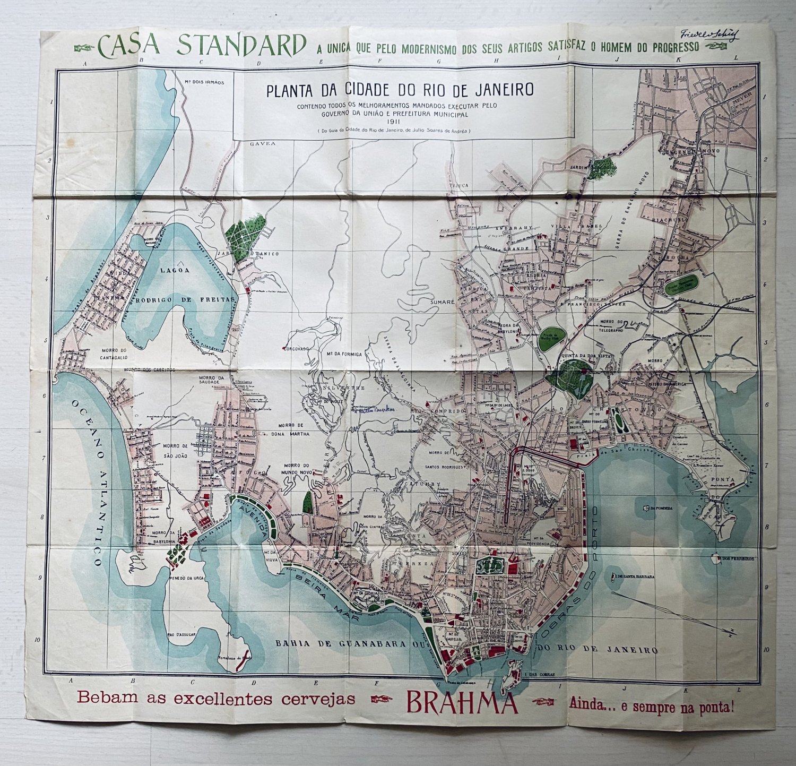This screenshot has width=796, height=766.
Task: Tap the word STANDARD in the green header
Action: click(241, 46)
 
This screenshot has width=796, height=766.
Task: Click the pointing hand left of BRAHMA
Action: click(382, 699)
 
